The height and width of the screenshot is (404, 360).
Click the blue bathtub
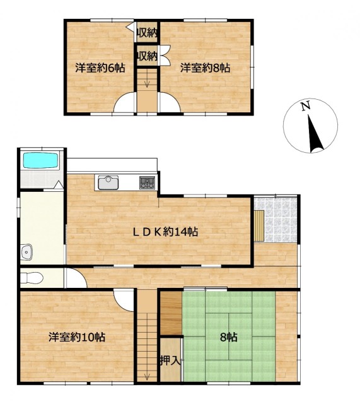tap(41, 161)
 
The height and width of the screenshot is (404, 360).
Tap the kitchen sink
tap(108, 182)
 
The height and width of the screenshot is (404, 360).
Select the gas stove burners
tap(147, 183)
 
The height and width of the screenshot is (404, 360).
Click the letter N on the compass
tap(305, 107)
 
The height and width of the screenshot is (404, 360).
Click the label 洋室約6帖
tap(100, 68)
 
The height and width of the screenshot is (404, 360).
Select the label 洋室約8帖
tap(205, 68)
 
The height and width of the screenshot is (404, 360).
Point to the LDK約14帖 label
tap(165, 232)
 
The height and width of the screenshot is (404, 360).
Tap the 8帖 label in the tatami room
tap(228, 337)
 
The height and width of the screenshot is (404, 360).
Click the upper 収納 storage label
tap(147, 33)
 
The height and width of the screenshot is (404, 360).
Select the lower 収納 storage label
tap(147, 56)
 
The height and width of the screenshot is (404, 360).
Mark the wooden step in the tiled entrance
tap(259, 226)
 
